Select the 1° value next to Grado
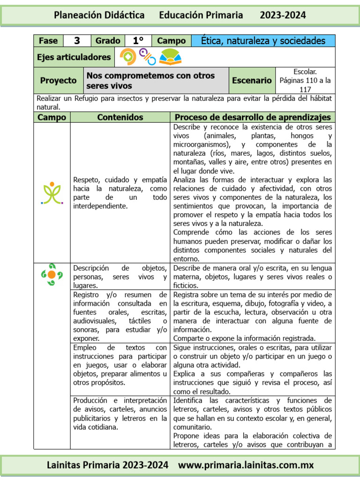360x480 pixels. point(138,41)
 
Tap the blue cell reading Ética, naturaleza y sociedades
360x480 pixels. point(263,41)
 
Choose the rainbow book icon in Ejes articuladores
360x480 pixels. point(169,57)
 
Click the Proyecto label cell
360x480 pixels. point(58,81)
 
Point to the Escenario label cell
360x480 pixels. point(252,81)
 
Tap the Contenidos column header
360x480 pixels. point(120,117)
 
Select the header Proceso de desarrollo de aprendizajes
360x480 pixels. point(253,117)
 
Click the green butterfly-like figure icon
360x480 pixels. point(52,193)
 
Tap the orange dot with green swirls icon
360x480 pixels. point(52,275)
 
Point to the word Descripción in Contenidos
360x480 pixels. point(91,268)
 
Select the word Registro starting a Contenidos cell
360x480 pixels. point(87,295)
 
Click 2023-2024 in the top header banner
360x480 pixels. point(283,15)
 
